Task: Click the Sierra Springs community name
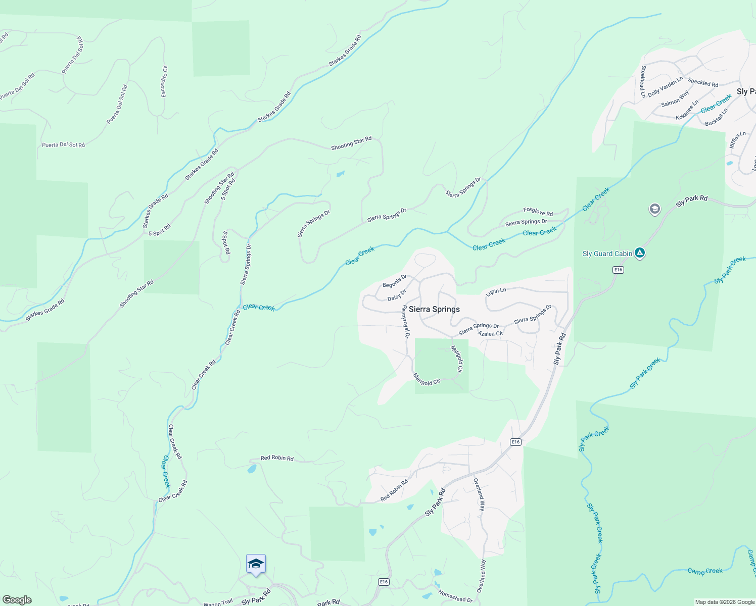(x=434, y=309)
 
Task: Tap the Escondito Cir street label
(x=164, y=81)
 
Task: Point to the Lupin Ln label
(x=496, y=292)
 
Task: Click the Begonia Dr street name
(x=395, y=281)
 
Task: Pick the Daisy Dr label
(x=397, y=295)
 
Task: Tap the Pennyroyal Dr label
(x=405, y=322)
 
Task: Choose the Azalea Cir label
(x=490, y=333)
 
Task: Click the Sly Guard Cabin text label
(x=607, y=254)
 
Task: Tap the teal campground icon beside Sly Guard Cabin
(x=640, y=252)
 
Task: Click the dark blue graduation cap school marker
(x=256, y=564)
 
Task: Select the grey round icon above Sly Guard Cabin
(x=654, y=209)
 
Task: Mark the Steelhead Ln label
(x=643, y=81)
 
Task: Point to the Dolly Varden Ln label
(x=665, y=86)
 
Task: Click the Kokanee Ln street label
(x=687, y=110)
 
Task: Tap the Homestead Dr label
(x=455, y=596)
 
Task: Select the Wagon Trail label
(x=218, y=602)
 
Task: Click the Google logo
(x=17, y=599)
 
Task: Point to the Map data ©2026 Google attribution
(x=725, y=602)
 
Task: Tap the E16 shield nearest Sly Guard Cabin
(x=618, y=270)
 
